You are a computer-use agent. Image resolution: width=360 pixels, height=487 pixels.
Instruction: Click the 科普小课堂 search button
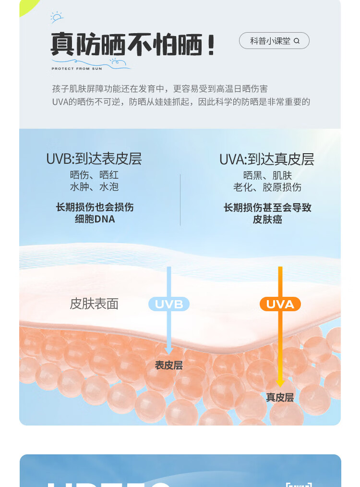pos(274,41)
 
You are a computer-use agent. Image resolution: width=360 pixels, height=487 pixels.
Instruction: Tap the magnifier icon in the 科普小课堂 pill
pos(297,41)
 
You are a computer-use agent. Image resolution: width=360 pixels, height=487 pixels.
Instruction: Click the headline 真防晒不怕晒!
pos(132,46)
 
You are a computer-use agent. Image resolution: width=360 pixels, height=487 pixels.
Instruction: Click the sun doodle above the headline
pos(57,17)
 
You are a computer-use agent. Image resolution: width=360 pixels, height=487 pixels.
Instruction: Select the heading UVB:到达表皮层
pos(94,159)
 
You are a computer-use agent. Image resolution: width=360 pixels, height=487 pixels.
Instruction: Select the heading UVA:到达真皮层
pos(267,159)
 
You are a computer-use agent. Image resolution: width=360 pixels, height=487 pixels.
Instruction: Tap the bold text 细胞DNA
pos(95,219)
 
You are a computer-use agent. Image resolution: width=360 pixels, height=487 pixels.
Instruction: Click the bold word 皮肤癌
pos(267,219)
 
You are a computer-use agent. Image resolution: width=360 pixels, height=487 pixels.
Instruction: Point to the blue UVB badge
pos(169,304)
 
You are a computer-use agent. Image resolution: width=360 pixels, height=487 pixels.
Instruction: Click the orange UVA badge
pos(280,304)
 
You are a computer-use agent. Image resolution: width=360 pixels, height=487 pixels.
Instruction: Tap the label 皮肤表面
pos(94,304)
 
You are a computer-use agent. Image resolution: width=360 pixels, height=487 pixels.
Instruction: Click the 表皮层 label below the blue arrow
pos(169,365)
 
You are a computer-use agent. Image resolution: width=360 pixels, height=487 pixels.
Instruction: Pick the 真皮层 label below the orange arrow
pos(280,398)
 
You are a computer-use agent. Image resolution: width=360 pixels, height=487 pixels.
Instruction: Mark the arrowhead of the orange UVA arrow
pos(280,383)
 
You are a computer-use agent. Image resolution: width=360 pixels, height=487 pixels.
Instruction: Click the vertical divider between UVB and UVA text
pos(180,199)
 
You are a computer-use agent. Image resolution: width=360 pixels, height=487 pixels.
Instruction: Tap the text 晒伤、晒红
pos(95,175)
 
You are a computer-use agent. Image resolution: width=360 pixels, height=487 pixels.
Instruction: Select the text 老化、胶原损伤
pos(267,187)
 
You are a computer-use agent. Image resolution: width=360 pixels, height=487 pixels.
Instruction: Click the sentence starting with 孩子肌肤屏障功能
pos(160,89)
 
